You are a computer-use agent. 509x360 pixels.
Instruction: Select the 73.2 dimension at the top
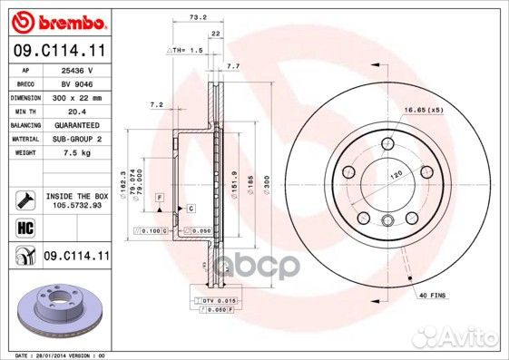point(194,17)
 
